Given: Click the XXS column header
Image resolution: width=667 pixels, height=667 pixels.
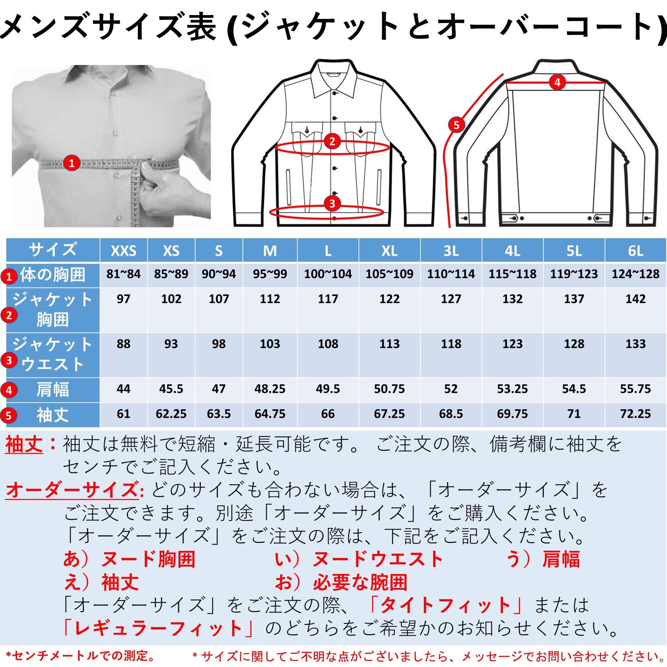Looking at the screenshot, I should pos(123,251).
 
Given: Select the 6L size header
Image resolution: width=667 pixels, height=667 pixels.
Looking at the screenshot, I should pos(635,251).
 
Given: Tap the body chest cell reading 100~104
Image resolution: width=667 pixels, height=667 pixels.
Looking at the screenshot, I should pos(327,274).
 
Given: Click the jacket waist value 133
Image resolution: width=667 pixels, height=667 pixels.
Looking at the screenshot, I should pos(635,344).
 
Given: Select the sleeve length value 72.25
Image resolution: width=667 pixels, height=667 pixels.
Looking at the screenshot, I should pos(635,414).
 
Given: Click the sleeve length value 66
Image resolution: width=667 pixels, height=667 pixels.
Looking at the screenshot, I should pos(327,414).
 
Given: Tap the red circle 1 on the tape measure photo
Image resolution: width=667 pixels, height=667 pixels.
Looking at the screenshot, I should pos(71,162).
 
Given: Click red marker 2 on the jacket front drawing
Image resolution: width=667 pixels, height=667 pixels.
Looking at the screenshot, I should pos(332,141).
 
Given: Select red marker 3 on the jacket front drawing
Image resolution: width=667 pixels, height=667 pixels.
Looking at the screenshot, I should pos(332,204).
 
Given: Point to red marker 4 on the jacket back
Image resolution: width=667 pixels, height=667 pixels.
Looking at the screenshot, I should pos(557,82).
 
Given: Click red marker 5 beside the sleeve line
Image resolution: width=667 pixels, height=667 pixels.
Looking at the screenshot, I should pos(457,125).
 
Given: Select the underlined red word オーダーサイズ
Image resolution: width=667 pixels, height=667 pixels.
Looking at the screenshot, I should pos(72,490).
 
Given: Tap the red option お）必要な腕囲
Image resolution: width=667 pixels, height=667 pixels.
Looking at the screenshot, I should pos(341,582).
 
